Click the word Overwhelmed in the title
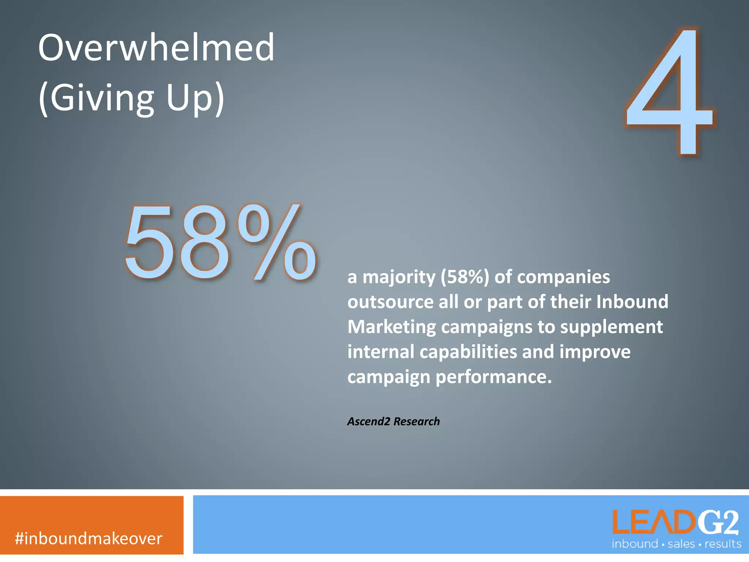[156, 48]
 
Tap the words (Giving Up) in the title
[131, 98]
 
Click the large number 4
[669, 91]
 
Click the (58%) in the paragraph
[464, 277]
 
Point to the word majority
[399, 277]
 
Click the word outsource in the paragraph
[390, 302]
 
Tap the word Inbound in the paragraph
[632, 302]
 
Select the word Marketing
[392, 327]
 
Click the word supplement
[611, 327]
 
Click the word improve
[595, 352]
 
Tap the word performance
[493, 377]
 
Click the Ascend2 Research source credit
[393, 421]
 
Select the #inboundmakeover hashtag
[89, 539]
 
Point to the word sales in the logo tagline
[681, 544]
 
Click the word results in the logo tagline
[723, 544]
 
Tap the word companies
[552, 277]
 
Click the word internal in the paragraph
[380, 352]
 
